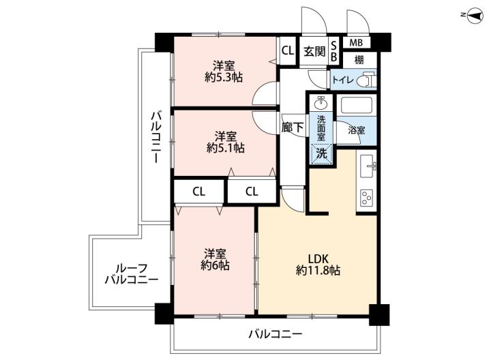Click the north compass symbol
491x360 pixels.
[475, 14]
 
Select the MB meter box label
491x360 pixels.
[356, 42]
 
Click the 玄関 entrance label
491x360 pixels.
[314, 51]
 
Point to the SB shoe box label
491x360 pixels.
[333, 51]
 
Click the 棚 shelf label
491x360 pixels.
[359, 60]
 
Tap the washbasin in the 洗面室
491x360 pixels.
[321, 102]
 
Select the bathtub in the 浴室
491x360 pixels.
[357, 105]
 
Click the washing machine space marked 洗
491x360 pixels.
[321, 153]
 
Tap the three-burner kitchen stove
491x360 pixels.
[366, 198]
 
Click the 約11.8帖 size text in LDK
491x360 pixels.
[318, 270]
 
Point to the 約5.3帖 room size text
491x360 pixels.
[224, 77]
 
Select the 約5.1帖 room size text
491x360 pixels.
[226, 148]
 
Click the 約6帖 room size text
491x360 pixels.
[215, 265]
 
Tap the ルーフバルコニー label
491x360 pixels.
[132, 274]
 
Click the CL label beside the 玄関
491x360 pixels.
[288, 50]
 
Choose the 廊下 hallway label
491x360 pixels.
[293, 127]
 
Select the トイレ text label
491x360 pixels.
[343, 80]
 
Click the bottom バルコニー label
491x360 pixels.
[276, 334]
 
